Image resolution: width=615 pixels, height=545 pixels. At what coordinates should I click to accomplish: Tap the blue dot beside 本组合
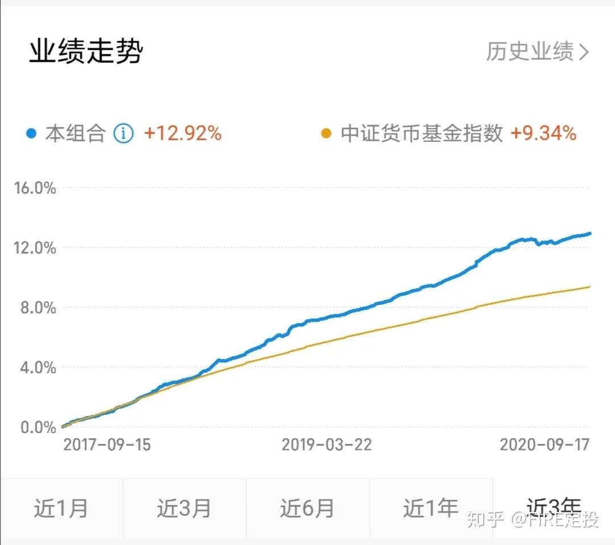(32, 134)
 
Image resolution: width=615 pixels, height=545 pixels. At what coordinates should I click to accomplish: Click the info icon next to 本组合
(123, 134)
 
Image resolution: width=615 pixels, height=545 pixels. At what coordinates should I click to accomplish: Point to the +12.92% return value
(182, 134)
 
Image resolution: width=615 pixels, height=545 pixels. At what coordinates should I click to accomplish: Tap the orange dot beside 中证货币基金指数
(326, 134)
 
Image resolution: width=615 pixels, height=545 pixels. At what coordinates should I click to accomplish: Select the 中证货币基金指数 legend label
(421, 134)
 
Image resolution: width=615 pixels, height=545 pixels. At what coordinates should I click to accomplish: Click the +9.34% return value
(543, 134)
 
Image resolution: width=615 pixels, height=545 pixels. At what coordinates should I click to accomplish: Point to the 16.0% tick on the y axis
(35, 188)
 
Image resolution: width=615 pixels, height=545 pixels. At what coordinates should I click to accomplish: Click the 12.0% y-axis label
(35, 248)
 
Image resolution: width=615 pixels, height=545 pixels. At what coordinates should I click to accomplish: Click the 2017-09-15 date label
(106, 445)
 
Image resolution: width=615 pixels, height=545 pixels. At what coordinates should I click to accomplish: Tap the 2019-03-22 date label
(326, 445)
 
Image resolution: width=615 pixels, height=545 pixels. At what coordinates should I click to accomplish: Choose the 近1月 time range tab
(61, 508)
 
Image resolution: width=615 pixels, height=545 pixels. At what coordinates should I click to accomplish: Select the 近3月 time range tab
(184, 508)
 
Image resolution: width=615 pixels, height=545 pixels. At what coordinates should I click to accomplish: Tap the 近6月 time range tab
(307, 508)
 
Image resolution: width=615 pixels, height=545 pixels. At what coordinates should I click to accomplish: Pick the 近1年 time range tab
(430, 508)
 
